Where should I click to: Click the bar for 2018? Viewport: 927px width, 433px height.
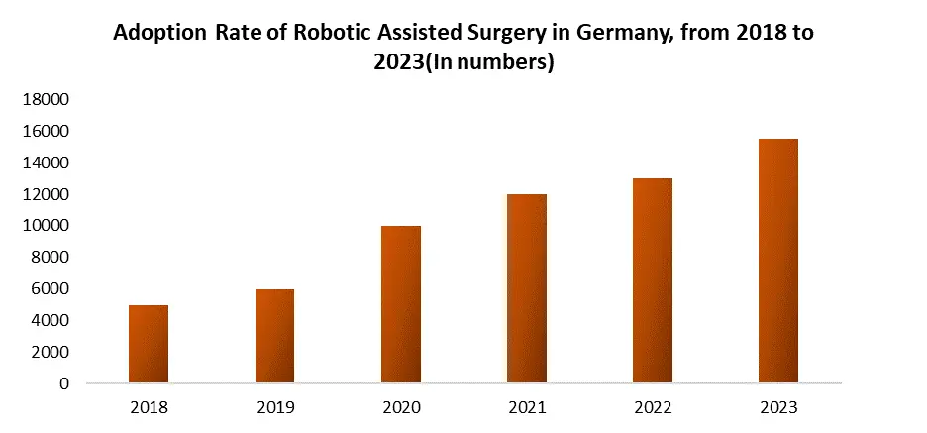pos(149,344)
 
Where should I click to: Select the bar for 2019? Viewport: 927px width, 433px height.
pos(274,336)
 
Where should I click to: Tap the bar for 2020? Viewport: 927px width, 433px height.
pos(401,304)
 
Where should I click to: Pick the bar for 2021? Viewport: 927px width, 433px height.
pos(527,288)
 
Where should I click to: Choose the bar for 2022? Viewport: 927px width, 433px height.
pos(653,280)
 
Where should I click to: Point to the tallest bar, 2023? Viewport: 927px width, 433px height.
pos(778,261)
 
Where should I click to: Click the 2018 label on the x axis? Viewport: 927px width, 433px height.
pos(149,407)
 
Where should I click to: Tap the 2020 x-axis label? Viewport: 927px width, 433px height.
pos(401,407)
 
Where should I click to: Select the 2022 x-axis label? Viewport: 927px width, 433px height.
pos(653,407)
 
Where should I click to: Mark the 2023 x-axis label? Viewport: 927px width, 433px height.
pos(778,407)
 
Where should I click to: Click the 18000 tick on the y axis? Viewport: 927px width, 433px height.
pos(47,99)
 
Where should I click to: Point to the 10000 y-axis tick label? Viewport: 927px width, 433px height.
pos(47,226)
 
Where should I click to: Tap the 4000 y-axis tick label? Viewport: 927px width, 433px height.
pos(51,320)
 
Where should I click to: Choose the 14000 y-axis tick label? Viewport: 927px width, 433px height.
pos(47,162)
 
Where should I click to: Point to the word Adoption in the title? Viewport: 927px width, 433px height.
pos(159,33)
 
